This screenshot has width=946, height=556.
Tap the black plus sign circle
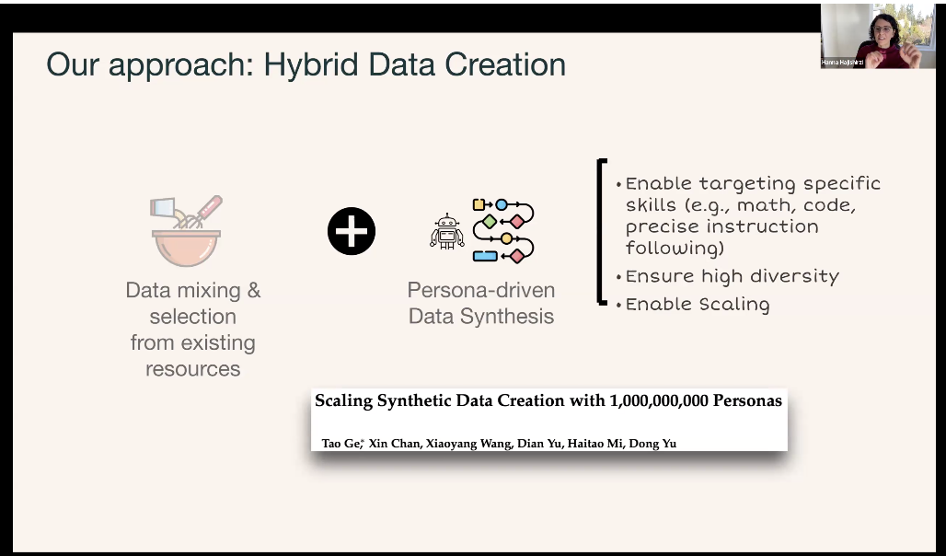click(352, 231)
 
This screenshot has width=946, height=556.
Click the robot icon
click(447, 231)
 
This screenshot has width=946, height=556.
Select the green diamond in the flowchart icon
click(490, 222)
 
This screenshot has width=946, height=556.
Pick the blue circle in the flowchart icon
click(502, 204)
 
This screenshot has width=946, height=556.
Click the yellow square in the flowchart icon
click(479, 204)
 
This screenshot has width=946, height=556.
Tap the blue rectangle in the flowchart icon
click(485, 256)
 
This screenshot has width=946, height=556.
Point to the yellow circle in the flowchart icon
click(506, 238)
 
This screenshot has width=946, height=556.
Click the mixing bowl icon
click(186, 248)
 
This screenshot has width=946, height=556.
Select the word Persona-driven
click(481, 290)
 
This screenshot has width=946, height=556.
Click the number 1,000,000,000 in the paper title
click(659, 400)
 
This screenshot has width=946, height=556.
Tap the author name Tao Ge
click(340, 443)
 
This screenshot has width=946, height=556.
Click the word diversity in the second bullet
click(791, 276)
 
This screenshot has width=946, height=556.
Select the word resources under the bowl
click(193, 368)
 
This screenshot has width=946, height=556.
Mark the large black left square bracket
click(601, 232)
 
